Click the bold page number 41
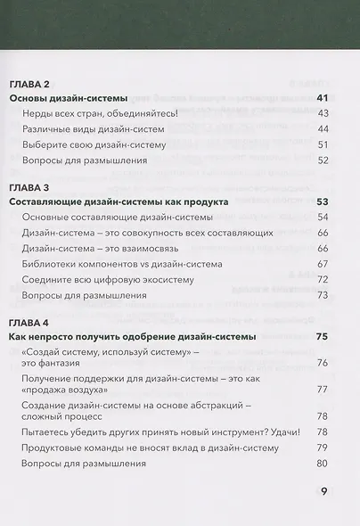tap(323, 97)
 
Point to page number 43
tap(323, 113)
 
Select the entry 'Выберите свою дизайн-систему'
tap(92, 144)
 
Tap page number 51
tap(323, 144)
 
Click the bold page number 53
tap(323, 202)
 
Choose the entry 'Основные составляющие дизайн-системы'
tap(111, 218)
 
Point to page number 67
tap(323, 264)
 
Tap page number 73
tap(323, 295)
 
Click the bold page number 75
tap(323, 336)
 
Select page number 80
tap(323, 464)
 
